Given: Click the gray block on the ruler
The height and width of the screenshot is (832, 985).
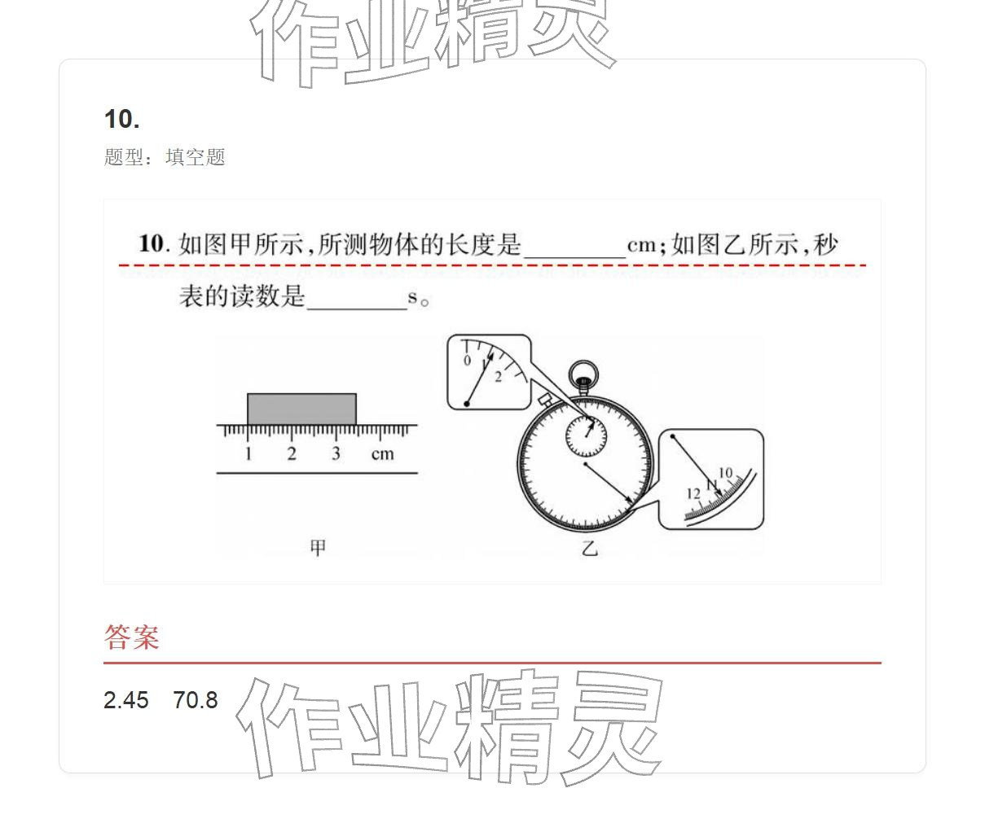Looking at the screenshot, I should pos(301,409).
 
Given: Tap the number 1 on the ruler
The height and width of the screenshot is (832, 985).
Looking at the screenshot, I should pos(248,454).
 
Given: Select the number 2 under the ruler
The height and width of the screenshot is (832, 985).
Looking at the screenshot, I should pos(292,454).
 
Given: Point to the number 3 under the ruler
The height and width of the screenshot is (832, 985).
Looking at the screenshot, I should pos(336,454).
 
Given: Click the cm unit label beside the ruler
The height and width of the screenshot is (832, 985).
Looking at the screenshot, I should pos(382,454).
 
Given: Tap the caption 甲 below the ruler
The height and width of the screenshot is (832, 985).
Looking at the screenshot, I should pos(318,548).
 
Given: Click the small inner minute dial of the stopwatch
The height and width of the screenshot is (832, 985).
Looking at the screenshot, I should pos(587,437).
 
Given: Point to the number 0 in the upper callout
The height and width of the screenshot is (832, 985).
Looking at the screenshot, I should pos(467,361).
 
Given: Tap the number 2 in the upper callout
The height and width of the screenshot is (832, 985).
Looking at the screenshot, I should pos(498,377).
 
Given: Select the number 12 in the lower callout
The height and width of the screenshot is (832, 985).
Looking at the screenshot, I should pos(693,493).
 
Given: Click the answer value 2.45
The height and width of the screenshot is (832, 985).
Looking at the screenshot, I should pos(126,700).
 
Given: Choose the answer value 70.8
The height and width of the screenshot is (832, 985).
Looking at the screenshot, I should pos(196,700).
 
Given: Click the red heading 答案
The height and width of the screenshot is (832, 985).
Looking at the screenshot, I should pos(131,637).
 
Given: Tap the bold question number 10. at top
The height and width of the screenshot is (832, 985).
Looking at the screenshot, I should pos(122,120).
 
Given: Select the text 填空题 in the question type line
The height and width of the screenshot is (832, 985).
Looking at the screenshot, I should pos(196,157).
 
